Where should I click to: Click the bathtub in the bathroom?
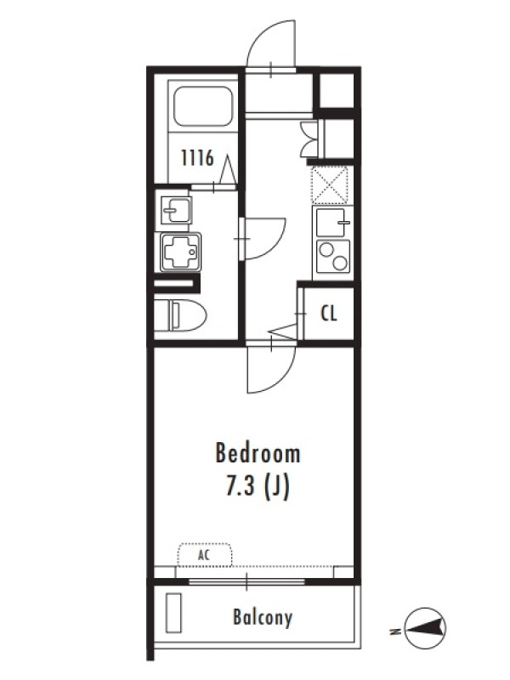[x=203, y=106]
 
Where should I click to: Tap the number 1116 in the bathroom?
[x=197, y=158]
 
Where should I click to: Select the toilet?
[x=181, y=314]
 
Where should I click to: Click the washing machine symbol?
[x=180, y=252]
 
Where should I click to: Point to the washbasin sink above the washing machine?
[x=176, y=210]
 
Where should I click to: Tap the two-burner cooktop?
[x=333, y=257]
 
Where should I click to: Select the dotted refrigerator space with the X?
[x=331, y=185]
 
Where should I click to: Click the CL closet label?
[x=329, y=313]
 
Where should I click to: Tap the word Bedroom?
[x=258, y=453]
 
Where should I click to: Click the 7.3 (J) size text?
[x=258, y=487]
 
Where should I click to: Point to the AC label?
[x=204, y=555]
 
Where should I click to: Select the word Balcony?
[x=263, y=617]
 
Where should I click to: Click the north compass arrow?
[x=426, y=627]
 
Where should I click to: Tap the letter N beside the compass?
[x=395, y=632]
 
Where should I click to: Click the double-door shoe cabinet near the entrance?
[x=310, y=139]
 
